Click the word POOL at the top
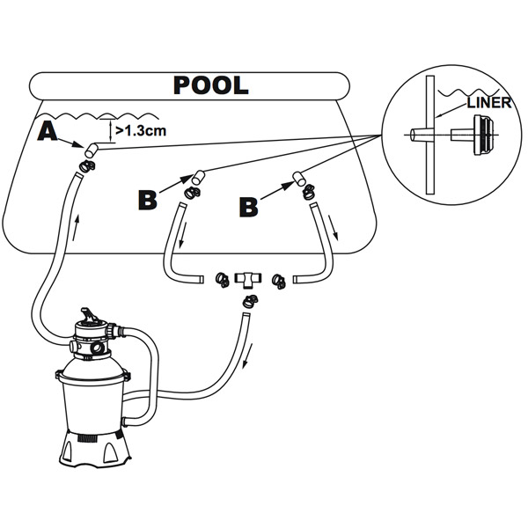210,85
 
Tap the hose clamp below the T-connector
251,301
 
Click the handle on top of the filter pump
89,314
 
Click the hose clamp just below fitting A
84,164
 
